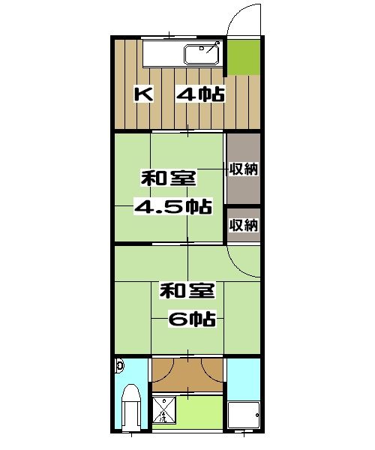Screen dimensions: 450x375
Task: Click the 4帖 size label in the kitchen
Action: coord(201,95)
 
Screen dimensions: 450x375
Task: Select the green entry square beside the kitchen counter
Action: coord(244,56)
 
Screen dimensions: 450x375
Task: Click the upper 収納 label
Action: coord(244,169)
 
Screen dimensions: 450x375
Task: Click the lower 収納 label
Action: coord(244,224)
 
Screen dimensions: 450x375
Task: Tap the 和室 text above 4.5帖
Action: coord(169,179)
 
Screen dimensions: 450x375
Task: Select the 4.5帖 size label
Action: coord(172,206)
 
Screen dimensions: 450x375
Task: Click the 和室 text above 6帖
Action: coord(187,289)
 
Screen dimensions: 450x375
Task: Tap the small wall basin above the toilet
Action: coord(120,366)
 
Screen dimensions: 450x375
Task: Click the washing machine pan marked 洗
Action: coord(164,412)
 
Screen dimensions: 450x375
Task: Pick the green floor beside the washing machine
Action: coord(201,412)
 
